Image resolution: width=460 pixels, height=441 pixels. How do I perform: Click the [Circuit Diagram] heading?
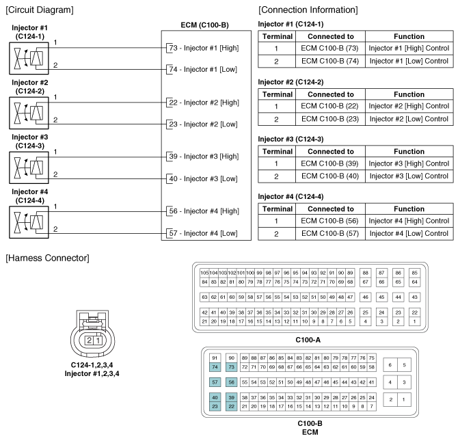click(40, 10)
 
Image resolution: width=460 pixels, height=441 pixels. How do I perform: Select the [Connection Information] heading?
click(308, 10)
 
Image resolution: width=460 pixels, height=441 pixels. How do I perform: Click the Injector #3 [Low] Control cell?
click(409, 176)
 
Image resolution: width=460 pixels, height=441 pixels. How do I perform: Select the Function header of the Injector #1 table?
click(409, 36)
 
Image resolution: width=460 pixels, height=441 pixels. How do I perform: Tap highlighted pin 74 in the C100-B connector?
click(215, 366)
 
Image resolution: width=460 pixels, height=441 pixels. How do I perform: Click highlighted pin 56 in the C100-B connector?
click(232, 382)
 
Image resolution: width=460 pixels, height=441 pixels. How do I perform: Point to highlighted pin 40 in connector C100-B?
click(215, 397)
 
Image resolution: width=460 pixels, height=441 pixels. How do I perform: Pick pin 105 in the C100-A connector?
click(204, 272)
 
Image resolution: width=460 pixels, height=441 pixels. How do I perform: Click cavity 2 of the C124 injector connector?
click(88, 340)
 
